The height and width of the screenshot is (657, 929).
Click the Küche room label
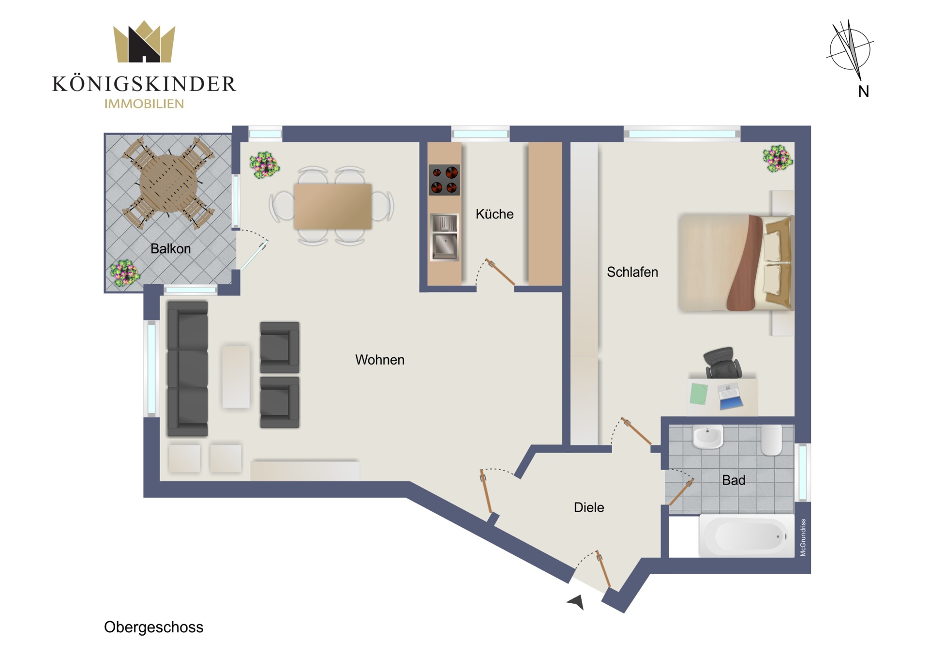pos(494,214)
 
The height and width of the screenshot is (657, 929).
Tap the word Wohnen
pos(380,360)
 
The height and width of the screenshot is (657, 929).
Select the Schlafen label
pos(632,272)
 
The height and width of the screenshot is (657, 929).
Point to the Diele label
pos(589,507)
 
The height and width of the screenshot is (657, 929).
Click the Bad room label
pos(734,480)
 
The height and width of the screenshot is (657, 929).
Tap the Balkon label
pos(171,249)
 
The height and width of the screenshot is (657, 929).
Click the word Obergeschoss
pos(154,627)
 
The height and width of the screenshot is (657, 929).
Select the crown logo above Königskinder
pos(144,42)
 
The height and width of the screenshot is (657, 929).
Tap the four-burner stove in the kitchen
pos(444,180)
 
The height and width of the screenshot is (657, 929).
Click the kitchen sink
pos(444,237)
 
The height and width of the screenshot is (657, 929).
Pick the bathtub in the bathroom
pos(747,536)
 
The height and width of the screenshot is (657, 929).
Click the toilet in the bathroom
pos(771,440)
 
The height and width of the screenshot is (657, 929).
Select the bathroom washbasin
pos(708,437)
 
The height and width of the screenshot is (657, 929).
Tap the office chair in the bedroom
pos(722,363)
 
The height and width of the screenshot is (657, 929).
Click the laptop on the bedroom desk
pos(730,397)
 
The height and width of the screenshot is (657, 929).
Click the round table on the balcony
pos(168,183)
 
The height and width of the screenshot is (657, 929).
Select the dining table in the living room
pos(333,206)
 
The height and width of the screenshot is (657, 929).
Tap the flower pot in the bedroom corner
pos(778,159)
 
